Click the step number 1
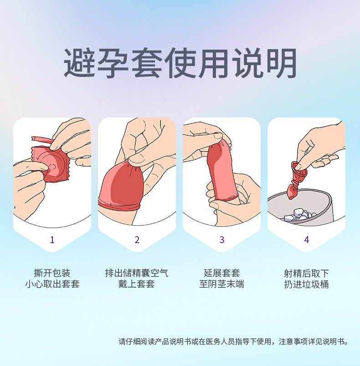coord(52,240)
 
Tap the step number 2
coord(137,240)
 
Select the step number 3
coord(222,240)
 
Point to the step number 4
coord(307,240)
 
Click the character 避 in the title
coord(79,62)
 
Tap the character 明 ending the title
coord(281,62)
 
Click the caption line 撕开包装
coord(52,273)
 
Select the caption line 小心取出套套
coord(52,284)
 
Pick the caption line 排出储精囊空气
coord(137,273)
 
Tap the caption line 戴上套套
coord(137,284)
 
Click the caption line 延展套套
coord(222,273)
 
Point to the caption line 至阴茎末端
coord(222,284)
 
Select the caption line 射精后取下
coord(307,273)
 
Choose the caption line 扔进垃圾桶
coord(307,284)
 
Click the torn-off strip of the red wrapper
coord(42,140)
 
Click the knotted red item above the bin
coord(297,178)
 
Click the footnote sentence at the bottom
coord(233,341)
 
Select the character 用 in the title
coord(213,62)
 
